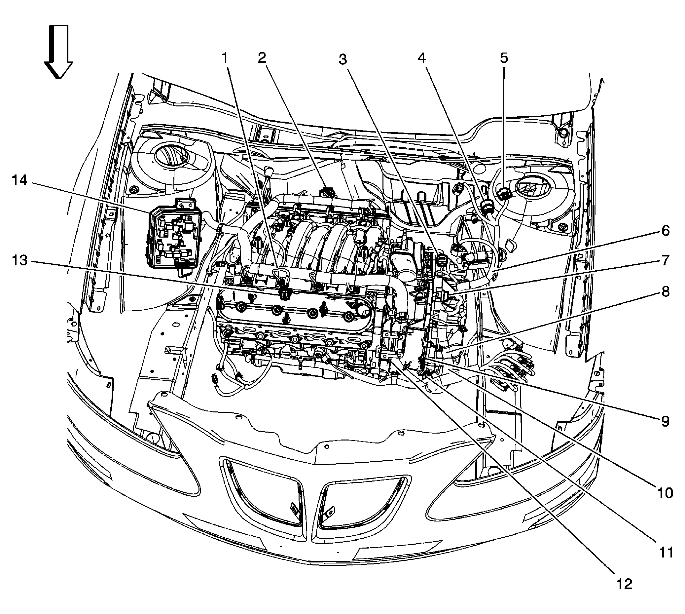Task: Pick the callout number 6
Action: pos(665,231)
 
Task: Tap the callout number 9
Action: pos(665,422)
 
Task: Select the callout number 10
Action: pos(665,493)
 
